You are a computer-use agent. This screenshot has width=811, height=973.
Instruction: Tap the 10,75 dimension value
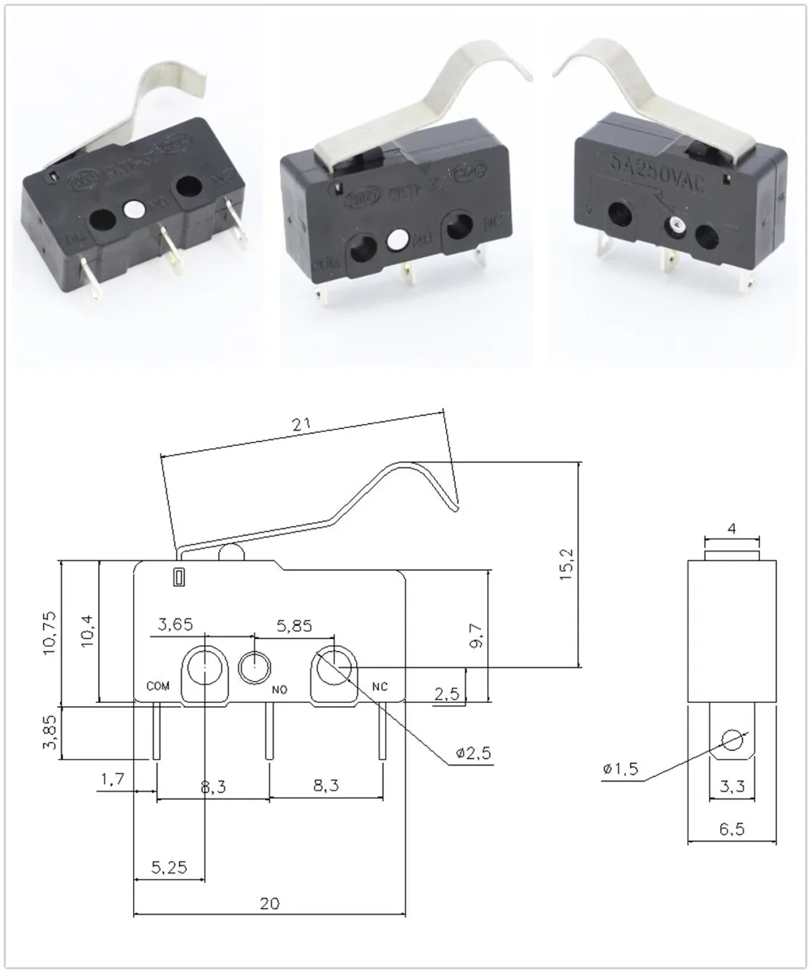(x=48, y=631)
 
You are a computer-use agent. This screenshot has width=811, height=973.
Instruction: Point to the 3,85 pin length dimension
(x=48, y=733)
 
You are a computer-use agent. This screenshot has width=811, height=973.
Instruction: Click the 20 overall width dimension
(x=270, y=903)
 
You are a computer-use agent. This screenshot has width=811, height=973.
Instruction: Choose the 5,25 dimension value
(x=169, y=868)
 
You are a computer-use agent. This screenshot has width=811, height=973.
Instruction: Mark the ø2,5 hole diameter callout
(x=472, y=754)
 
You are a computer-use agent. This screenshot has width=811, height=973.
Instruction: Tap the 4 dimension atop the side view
(x=732, y=529)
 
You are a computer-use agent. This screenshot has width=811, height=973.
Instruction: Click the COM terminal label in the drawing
(x=158, y=685)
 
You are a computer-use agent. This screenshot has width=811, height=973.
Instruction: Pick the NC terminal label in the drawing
(x=380, y=686)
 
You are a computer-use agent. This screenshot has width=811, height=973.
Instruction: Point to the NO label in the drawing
(x=280, y=690)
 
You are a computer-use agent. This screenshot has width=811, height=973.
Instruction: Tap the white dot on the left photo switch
(x=133, y=209)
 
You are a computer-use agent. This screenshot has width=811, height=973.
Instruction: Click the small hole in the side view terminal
(x=732, y=741)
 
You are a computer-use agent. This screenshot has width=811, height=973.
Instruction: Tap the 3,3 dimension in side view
(x=732, y=785)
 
